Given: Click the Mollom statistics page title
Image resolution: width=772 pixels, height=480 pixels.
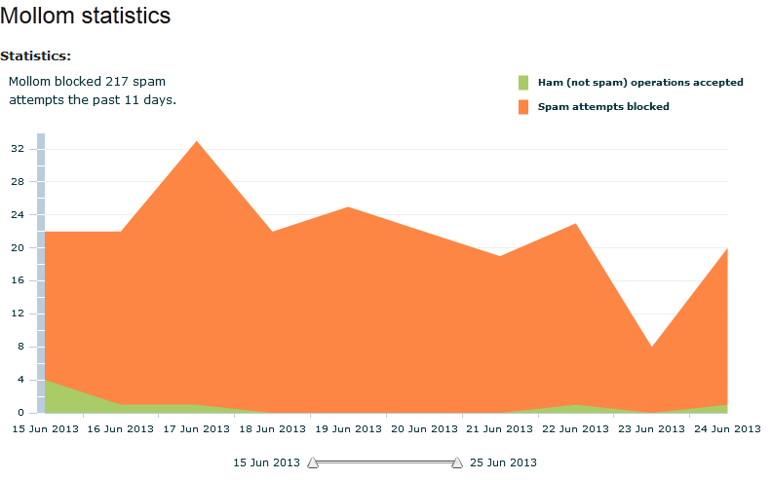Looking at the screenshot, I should click(86, 16).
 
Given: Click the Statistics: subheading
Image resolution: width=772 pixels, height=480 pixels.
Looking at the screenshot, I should click(35, 56).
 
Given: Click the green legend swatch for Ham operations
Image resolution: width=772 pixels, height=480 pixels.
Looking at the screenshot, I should click(523, 83).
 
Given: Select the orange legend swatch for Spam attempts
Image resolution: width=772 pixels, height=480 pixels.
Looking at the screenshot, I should click(523, 106).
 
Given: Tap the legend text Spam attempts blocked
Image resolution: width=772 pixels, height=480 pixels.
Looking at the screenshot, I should click(603, 106).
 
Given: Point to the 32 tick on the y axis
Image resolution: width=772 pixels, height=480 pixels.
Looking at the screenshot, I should click(18, 149).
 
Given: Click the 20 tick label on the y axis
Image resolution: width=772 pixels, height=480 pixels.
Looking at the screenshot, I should click(18, 248).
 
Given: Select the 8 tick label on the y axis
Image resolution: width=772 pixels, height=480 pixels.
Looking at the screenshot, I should click(20, 348).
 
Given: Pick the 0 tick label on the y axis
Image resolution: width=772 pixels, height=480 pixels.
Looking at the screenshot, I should click(20, 413).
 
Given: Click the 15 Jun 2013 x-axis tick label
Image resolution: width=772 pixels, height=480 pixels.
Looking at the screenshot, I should click(45, 428).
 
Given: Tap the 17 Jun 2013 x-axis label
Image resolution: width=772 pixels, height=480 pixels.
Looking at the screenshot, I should click(197, 428).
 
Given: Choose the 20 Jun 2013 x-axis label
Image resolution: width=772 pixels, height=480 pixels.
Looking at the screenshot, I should click(424, 428).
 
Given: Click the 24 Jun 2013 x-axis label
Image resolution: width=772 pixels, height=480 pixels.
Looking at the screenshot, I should click(726, 428).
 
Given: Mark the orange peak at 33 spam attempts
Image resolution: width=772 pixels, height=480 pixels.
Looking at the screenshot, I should click(197, 142).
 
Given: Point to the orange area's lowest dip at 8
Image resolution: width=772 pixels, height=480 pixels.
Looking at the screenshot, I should click(651, 348).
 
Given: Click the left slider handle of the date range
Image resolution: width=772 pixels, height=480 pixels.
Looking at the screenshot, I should click(313, 463).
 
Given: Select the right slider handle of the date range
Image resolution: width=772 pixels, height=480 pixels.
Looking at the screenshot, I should click(457, 463).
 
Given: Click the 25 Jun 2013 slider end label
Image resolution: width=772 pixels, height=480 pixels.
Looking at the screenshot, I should click(503, 462).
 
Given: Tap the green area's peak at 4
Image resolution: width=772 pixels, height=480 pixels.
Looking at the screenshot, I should click(47, 382).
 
